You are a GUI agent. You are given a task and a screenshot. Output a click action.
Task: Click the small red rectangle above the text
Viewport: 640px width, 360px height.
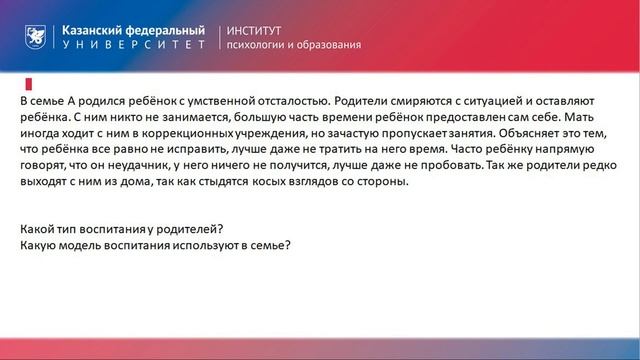[28, 83]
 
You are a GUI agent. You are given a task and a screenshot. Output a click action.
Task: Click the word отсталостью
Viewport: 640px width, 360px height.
[289, 103]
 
